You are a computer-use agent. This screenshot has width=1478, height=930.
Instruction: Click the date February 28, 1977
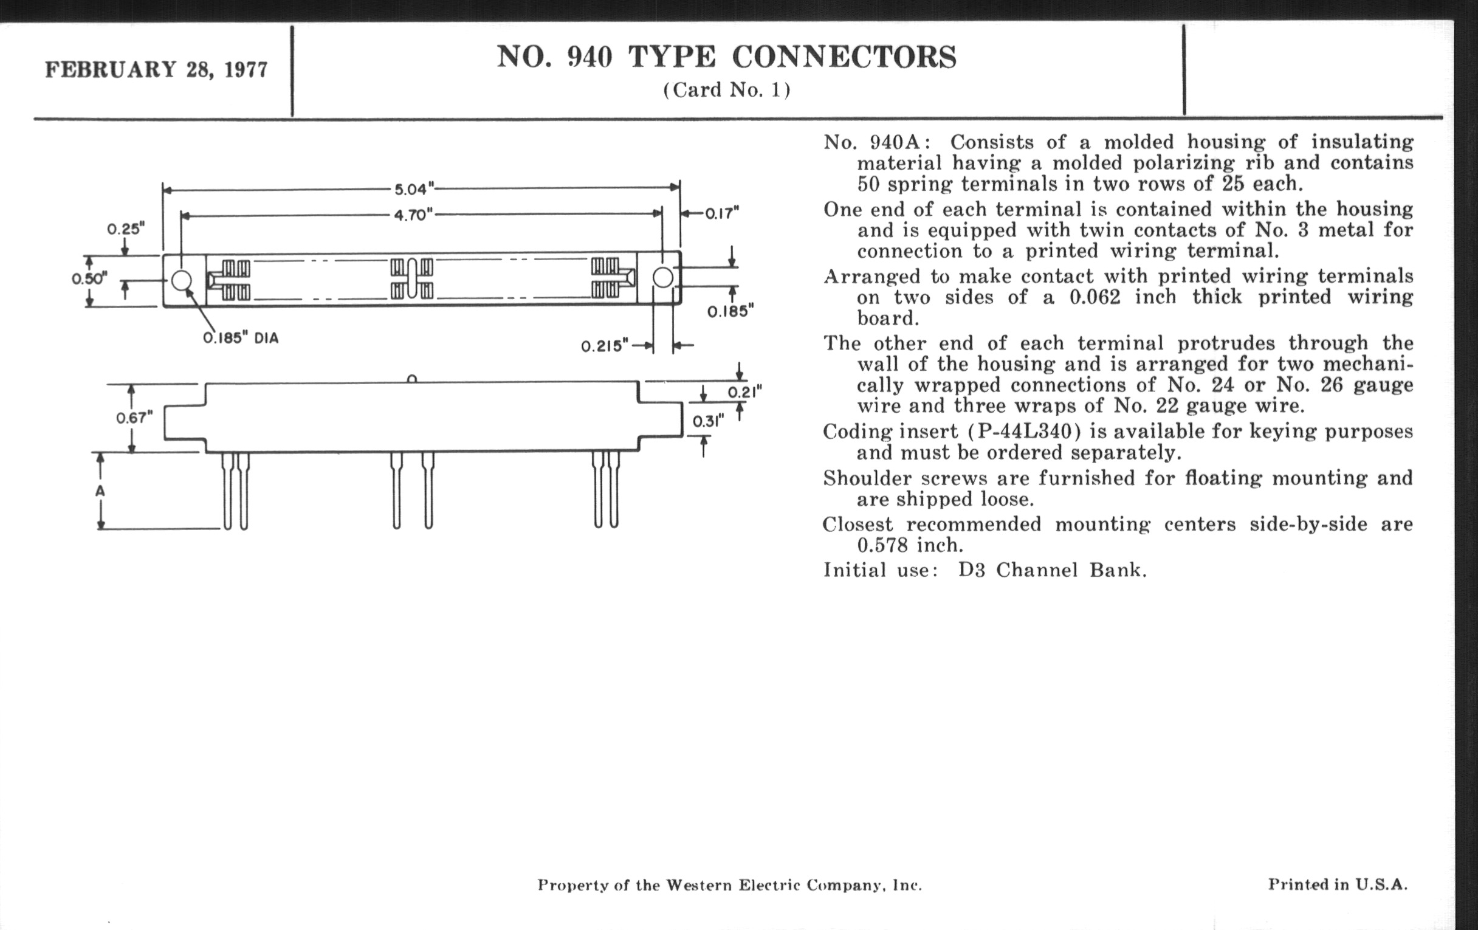pyautogui.click(x=157, y=69)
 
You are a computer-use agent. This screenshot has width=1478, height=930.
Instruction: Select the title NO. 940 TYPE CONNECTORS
pyautogui.click(x=726, y=57)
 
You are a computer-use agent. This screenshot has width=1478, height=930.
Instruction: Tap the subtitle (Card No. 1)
pyautogui.click(x=726, y=90)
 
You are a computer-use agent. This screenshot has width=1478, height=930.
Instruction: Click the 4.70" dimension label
pyautogui.click(x=413, y=215)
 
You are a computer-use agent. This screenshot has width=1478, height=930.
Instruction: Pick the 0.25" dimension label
pyautogui.click(x=126, y=229)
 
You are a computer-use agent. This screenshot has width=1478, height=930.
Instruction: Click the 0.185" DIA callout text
pyautogui.click(x=241, y=338)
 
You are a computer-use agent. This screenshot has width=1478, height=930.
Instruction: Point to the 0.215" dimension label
pyautogui.click(x=605, y=346)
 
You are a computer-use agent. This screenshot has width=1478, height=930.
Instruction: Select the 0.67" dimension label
pyautogui.click(x=134, y=418)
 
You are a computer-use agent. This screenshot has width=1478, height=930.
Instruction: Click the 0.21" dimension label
pyautogui.click(x=744, y=392)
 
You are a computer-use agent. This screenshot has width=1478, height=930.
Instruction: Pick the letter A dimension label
pyautogui.click(x=101, y=492)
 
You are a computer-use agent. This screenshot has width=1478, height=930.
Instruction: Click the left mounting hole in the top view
pyautogui.click(x=181, y=281)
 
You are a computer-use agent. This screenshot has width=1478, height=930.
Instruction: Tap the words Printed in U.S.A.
pyautogui.click(x=1338, y=884)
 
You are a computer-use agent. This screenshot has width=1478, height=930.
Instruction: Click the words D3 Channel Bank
pyautogui.click(x=1052, y=570)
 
